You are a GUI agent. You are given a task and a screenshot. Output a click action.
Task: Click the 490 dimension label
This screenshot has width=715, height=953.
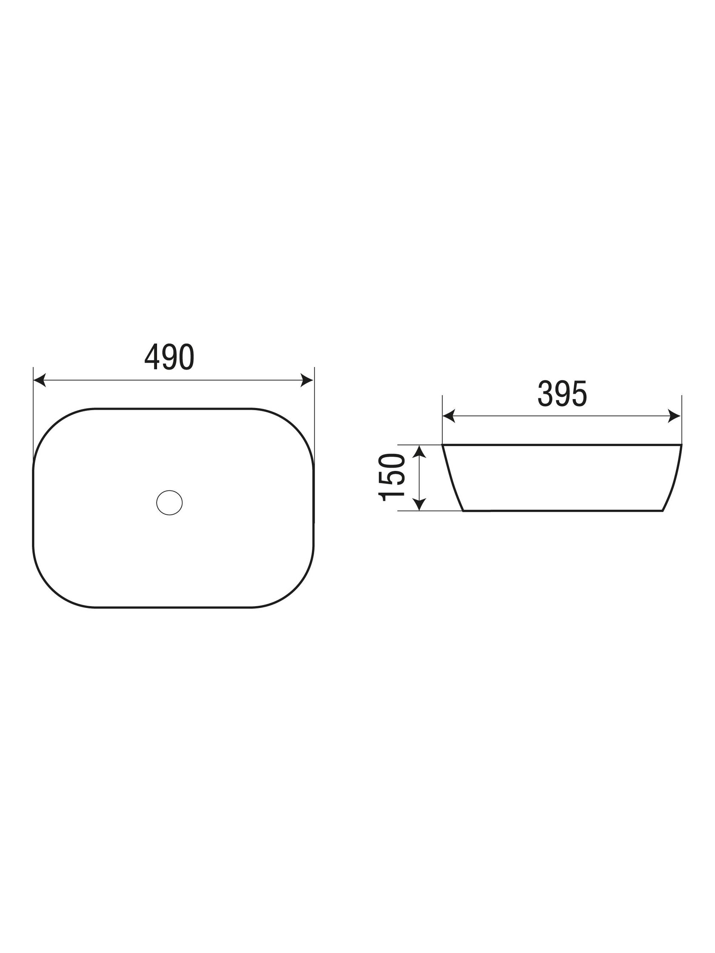pyautogui.click(x=169, y=357)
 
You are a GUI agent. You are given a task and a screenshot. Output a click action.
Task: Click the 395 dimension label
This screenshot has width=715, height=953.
pyautogui.click(x=562, y=394)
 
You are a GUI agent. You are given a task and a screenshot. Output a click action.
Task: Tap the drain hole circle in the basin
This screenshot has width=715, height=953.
pyautogui.click(x=169, y=502)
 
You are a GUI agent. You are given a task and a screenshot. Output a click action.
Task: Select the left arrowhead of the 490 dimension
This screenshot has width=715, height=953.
pyautogui.click(x=40, y=380)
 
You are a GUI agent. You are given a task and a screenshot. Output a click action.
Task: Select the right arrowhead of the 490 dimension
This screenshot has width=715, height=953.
pyautogui.click(x=307, y=380)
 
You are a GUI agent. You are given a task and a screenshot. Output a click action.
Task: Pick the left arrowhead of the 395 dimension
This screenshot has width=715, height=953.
pyautogui.click(x=449, y=416)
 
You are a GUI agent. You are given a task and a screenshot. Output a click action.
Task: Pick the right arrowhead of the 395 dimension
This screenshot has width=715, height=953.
pyautogui.click(x=675, y=416)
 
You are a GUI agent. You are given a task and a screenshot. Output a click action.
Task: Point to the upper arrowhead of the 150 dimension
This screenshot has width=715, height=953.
pyautogui.click(x=419, y=451)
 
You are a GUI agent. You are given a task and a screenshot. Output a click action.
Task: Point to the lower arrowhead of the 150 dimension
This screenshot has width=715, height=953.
pyautogui.click(x=419, y=505)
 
